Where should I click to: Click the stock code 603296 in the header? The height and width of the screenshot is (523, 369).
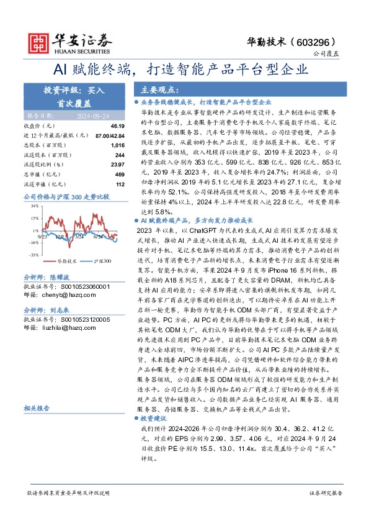[x=323, y=42]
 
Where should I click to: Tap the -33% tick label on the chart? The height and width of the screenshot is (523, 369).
[x=33, y=255]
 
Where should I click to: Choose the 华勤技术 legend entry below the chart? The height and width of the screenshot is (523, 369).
[x=68, y=262]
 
